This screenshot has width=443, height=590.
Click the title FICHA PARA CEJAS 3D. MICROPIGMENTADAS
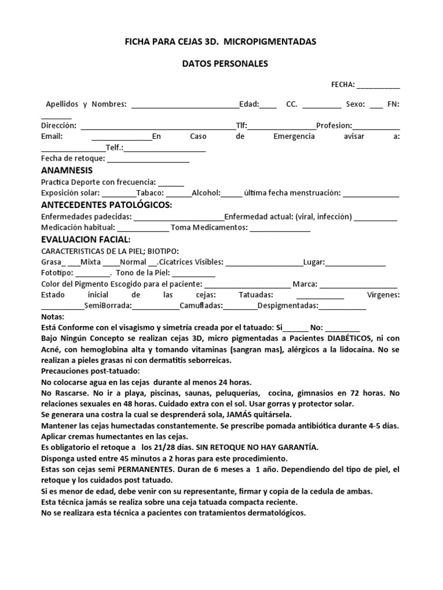(x=221, y=42)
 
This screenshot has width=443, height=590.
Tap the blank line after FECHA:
(x=378, y=86)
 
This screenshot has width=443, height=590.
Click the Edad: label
(x=249, y=104)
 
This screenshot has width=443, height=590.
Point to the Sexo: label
(x=355, y=104)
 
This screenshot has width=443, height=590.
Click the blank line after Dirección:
(x=157, y=127)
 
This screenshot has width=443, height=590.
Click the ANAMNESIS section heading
(x=67, y=171)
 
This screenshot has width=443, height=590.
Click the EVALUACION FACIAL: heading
(x=86, y=239)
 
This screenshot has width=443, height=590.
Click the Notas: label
(x=54, y=317)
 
